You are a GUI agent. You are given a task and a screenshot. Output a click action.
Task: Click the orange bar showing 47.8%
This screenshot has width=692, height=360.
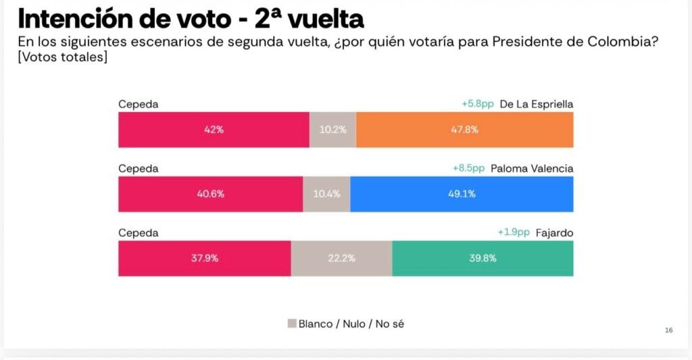click(x=464, y=130)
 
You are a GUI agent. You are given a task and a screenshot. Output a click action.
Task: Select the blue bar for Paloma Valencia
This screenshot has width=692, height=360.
click(x=462, y=194)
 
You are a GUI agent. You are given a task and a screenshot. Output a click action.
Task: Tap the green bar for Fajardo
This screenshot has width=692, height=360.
click(x=483, y=258)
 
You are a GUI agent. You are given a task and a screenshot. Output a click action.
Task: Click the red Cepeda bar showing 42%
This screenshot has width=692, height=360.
click(x=214, y=130)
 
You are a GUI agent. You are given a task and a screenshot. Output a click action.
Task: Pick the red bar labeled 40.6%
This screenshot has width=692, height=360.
click(x=210, y=194)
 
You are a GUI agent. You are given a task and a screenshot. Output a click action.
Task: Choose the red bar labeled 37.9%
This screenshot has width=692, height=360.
click(x=204, y=258)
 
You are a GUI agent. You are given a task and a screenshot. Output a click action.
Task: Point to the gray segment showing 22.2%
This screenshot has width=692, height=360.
click(x=341, y=258)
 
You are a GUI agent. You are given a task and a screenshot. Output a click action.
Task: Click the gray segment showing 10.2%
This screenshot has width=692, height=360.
click(x=332, y=130)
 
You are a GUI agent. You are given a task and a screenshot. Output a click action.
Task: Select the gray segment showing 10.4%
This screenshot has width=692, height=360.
click(x=326, y=194)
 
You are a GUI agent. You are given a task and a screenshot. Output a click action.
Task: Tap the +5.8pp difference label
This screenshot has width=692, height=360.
click(x=478, y=104)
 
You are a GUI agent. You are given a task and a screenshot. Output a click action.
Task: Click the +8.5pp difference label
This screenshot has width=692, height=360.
click(x=469, y=168)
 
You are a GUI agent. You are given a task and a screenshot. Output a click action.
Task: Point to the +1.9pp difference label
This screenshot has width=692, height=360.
click(x=514, y=232)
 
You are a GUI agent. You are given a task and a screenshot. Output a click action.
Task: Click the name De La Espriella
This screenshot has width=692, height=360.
click(x=537, y=104)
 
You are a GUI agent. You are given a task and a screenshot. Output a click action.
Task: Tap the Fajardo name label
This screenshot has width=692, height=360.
click(x=554, y=232)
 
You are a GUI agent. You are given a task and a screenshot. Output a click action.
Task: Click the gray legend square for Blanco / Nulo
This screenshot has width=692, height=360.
click(x=292, y=324)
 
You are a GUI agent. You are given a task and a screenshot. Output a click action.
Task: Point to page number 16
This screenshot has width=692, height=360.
click(x=668, y=330)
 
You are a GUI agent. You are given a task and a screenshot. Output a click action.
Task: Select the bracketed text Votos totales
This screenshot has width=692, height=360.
click(x=63, y=57)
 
